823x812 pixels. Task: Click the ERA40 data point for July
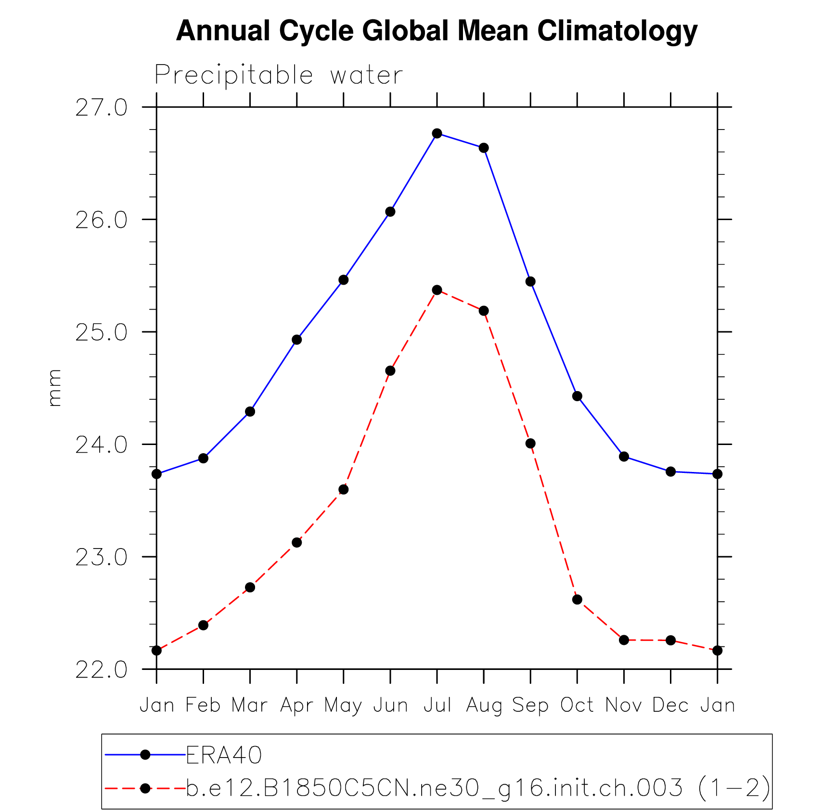437,133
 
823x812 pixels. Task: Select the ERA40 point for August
484,148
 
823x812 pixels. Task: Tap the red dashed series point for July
437,290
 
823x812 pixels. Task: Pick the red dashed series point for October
577,600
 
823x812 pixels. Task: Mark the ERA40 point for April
297,340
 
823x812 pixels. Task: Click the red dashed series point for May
344,490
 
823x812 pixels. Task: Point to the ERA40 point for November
624,457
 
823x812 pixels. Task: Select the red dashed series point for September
530,444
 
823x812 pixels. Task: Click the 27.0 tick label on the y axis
102,108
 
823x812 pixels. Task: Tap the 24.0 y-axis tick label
102,445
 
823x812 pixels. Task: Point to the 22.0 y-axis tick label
102,670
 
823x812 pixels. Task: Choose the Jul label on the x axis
437,706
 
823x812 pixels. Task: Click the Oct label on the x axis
577,706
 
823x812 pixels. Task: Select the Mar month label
250,706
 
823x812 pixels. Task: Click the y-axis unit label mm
54,388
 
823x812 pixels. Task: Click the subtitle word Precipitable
234,76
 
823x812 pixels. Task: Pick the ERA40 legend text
224,755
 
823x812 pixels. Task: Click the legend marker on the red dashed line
145,788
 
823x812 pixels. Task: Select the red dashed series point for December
670,640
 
